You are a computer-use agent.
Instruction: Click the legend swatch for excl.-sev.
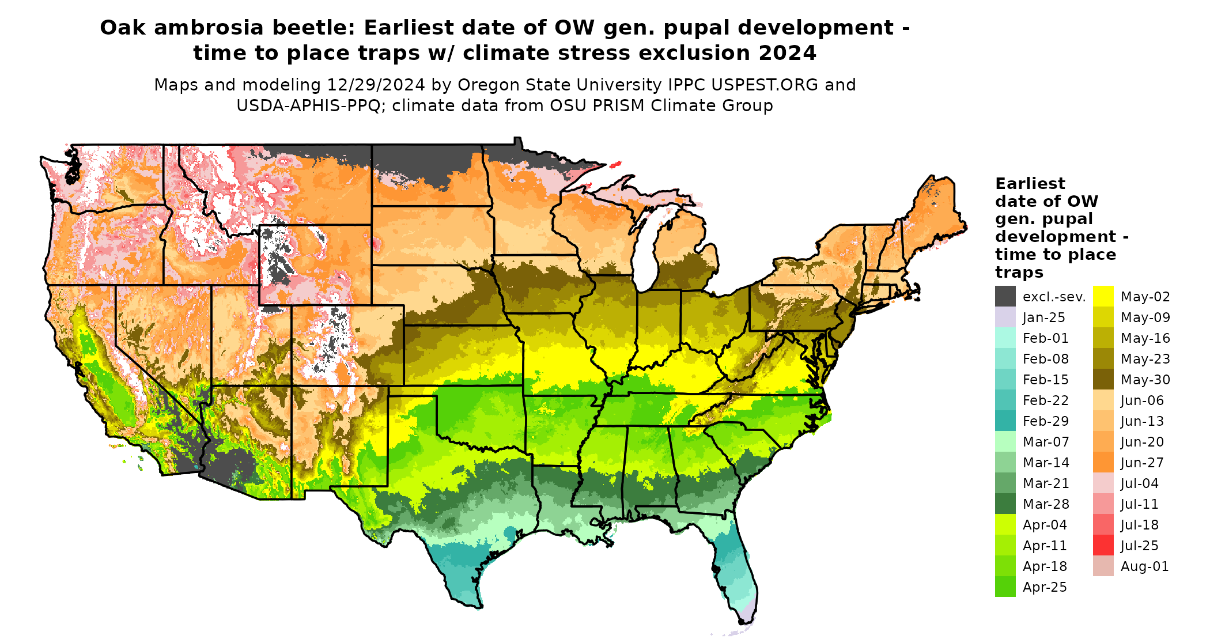(1005, 296)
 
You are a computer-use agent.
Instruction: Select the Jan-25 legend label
(1043, 317)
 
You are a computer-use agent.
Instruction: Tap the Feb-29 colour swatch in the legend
(1005, 421)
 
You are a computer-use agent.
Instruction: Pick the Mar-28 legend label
(1045, 504)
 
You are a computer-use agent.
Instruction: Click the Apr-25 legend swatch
(1005, 587)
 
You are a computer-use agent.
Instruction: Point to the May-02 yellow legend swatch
(1103, 296)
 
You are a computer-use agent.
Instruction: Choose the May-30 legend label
(1145, 380)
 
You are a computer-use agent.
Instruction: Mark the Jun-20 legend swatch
(1103, 441)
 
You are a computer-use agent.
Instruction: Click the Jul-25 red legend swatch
(1103, 545)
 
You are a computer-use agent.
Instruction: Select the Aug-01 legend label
(1144, 566)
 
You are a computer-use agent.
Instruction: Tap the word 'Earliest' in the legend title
(1030, 184)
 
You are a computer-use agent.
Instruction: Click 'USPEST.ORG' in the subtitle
(765, 85)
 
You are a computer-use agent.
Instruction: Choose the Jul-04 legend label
(1139, 483)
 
